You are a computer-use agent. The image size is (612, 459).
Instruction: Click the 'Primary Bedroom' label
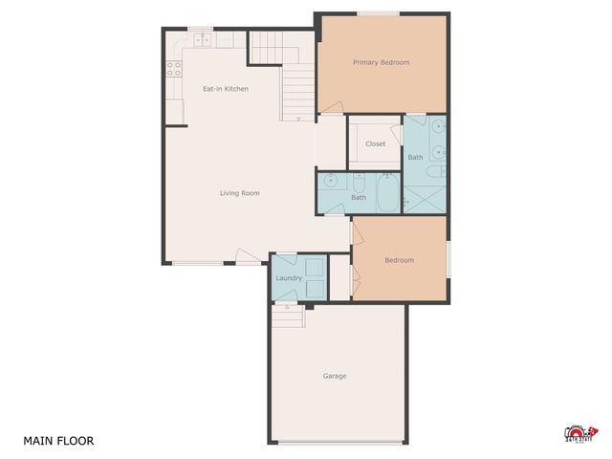tap(381, 63)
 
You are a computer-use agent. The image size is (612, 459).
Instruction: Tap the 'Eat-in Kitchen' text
tap(225, 89)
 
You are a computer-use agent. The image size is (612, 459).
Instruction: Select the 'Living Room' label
tap(239, 193)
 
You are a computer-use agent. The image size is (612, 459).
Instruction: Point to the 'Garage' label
tap(334, 376)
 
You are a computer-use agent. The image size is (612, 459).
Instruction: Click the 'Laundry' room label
tap(289, 278)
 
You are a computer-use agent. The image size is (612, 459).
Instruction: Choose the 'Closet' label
tap(375, 144)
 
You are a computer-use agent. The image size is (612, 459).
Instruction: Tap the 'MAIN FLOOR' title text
tap(58, 441)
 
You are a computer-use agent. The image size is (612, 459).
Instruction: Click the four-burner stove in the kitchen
tap(174, 68)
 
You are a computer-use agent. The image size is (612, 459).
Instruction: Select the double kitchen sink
tap(203, 40)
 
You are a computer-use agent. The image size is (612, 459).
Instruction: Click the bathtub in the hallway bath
tap(388, 195)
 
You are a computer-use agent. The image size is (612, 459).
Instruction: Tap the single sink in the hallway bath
tap(331, 179)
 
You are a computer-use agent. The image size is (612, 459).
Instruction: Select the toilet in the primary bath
tap(433, 173)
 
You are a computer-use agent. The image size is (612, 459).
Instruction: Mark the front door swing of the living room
tap(247, 256)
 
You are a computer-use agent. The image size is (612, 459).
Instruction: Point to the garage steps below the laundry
tap(288, 315)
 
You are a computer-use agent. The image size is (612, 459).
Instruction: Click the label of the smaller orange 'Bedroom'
tap(399, 260)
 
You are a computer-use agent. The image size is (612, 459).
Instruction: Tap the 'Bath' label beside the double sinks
tap(415, 157)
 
